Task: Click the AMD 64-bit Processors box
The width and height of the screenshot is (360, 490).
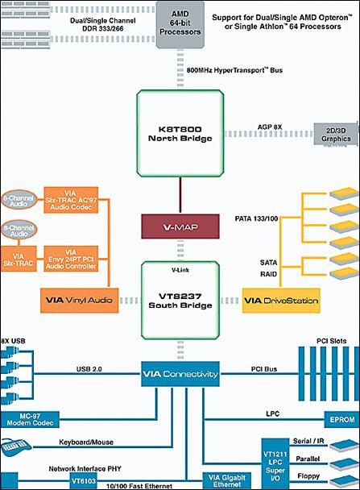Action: coord(180,25)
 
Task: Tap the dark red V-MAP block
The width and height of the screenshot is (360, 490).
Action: coord(180,226)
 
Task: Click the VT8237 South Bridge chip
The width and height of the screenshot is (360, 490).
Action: coord(180,301)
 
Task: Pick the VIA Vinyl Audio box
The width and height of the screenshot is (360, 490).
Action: coord(79,301)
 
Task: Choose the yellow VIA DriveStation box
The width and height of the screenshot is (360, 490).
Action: coord(281,301)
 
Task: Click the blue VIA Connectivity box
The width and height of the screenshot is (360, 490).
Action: coord(180,374)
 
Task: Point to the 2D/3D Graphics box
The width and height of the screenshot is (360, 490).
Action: coord(336,134)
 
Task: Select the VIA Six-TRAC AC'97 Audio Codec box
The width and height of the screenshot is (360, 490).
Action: coord(71,200)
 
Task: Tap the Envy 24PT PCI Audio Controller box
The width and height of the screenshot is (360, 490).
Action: coord(71,259)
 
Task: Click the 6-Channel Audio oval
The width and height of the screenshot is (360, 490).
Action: coord(19,200)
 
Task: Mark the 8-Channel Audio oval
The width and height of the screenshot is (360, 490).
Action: coord(19,230)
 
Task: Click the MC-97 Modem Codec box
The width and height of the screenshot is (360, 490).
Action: coord(30,420)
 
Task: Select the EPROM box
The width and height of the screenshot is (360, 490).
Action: coord(342,420)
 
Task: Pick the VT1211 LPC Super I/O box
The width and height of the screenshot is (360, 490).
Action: coord(275,464)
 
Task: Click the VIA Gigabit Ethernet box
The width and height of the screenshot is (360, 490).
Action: coord(227,481)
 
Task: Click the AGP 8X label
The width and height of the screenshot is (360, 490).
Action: coord(270,127)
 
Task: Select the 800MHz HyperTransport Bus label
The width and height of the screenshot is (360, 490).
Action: coord(234,70)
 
